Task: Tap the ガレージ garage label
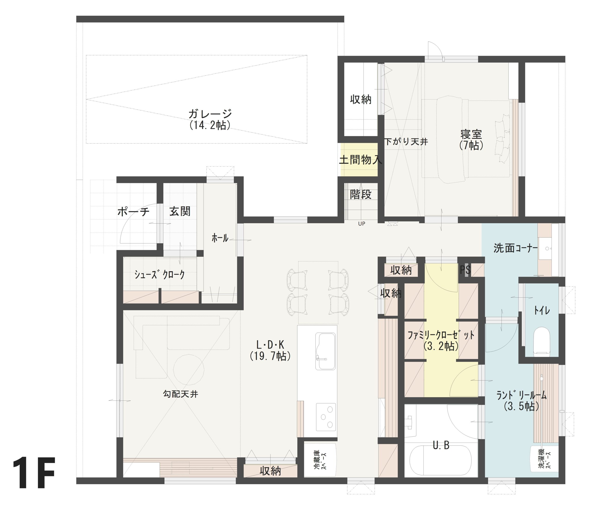coord(210,114)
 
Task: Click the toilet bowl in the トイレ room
coord(542,341)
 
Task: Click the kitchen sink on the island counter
coord(325,351)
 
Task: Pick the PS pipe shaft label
coord(465,270)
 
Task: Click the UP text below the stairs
coord(361,224)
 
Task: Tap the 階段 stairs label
coord(361,194)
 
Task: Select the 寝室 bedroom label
coord(471,134)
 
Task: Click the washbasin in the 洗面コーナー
coord(548,249)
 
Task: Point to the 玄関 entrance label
coord(180,211)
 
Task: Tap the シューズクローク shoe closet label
coord(159,275)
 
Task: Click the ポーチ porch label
coord(133,212)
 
